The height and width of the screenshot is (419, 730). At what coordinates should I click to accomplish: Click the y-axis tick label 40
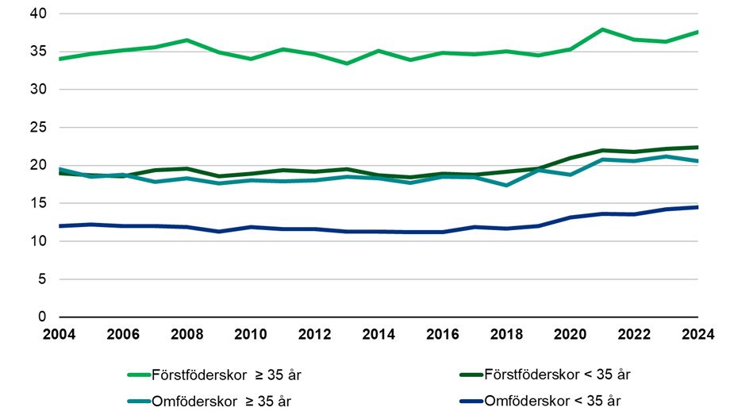37,14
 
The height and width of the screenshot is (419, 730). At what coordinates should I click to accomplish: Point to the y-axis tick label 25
37,128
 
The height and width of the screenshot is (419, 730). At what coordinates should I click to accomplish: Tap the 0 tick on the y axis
42,317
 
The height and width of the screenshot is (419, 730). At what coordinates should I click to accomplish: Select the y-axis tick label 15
37,204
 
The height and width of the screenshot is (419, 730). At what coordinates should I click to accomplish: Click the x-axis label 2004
60,334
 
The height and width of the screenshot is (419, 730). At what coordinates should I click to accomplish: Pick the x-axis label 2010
251,334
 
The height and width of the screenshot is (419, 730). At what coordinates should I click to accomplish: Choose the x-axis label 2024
697,334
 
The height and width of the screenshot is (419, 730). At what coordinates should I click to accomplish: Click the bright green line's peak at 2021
602,29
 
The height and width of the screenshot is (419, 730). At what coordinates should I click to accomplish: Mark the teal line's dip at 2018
506,185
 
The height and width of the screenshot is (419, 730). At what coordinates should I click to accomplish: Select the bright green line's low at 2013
347,63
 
